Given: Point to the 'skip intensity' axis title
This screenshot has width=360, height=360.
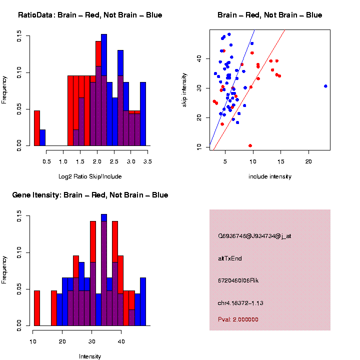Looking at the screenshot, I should pos(184,88).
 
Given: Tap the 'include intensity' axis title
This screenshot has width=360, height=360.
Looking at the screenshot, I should pos(270,176).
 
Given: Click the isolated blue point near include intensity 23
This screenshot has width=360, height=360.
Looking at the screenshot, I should pos(325,86).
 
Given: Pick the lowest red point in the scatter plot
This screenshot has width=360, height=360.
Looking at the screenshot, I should pos(250,145).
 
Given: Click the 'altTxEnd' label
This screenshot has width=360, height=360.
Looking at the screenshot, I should pos(230,258).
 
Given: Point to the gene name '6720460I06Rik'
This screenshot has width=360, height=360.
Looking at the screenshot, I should pos(238,280).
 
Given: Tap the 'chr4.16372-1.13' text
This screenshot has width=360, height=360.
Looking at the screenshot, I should pos(240,302).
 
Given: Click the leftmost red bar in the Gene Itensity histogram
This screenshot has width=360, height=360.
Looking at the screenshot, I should pos(36,307).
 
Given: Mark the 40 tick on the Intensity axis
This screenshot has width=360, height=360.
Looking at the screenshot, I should pos(120,342).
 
